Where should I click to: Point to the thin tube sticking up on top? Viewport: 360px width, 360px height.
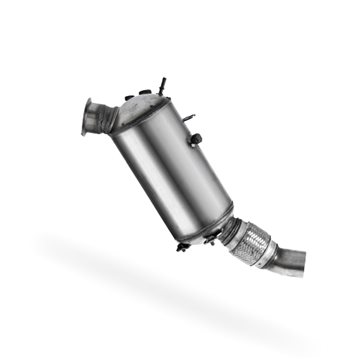[x=158, y=81]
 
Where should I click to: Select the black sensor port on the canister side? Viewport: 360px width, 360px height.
[x=196, y=139]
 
